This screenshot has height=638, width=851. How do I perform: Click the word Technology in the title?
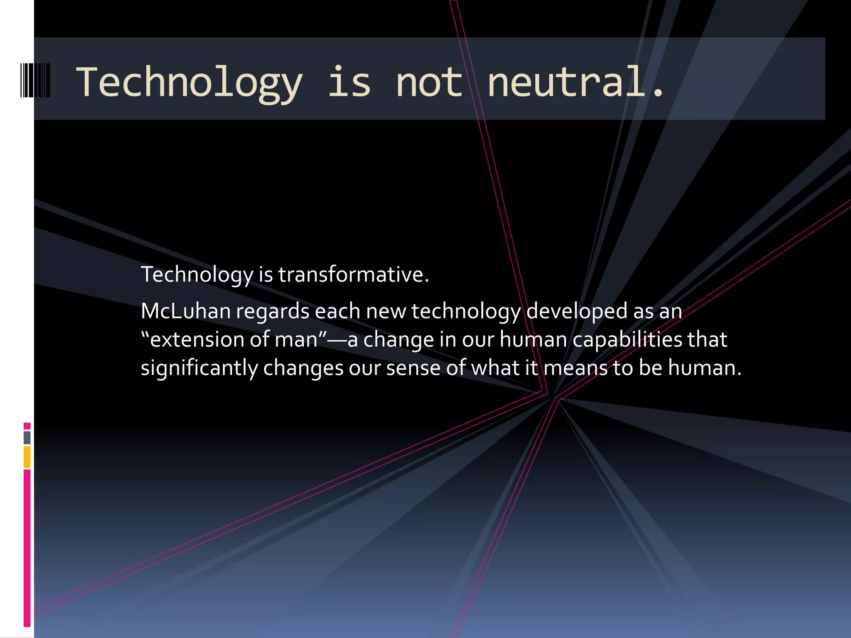189,83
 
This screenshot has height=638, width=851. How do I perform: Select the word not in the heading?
429,83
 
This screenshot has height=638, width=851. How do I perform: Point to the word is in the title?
349,83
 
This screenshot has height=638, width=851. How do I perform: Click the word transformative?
353,275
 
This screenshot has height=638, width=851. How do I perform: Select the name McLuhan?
185,311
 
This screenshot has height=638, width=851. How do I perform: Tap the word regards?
273,312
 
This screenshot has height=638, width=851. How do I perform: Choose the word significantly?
199,368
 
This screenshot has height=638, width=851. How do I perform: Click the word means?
576,368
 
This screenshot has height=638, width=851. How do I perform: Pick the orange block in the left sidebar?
27,456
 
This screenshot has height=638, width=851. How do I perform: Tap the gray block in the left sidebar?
27,437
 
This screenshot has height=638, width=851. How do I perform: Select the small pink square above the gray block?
27,426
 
